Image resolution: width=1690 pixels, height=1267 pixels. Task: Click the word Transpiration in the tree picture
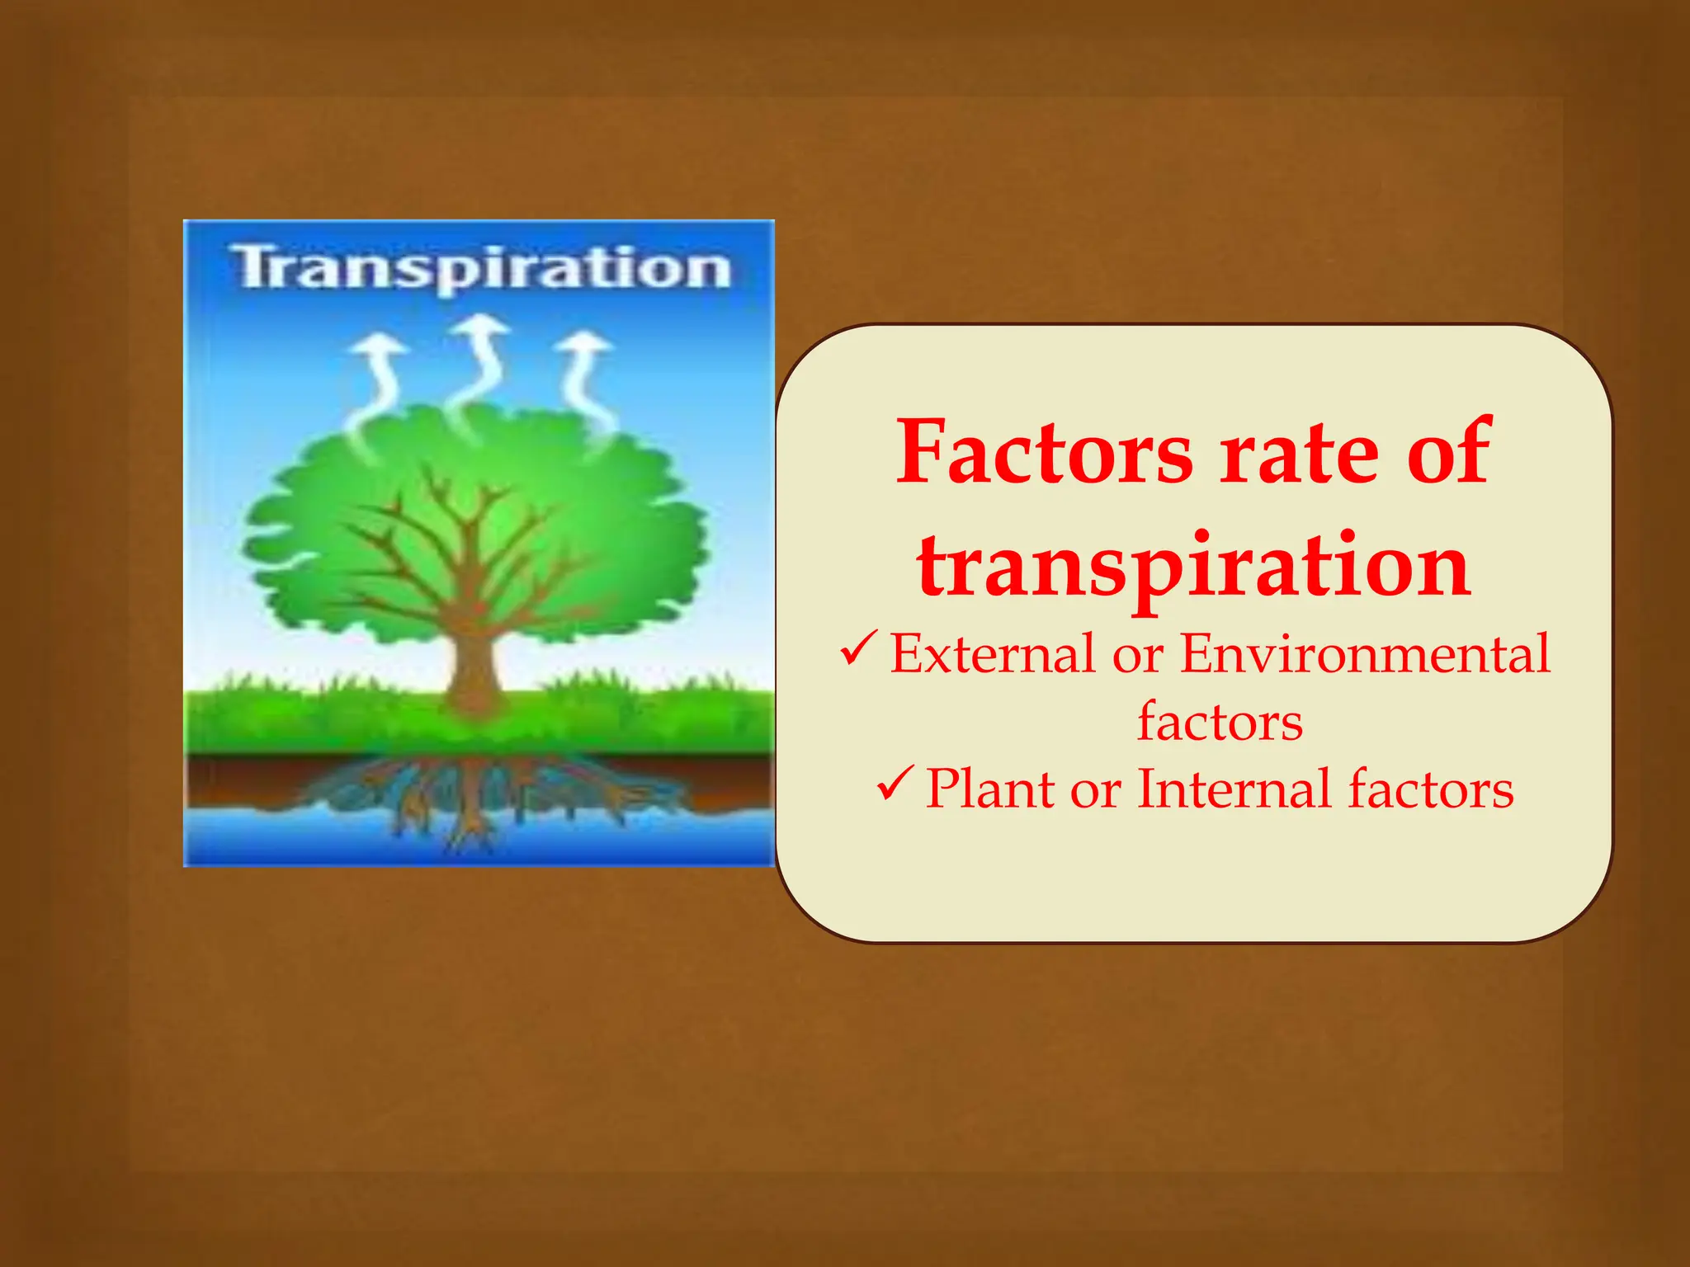pos(481,268)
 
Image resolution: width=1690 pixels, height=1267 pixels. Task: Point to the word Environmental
pos(1365,653)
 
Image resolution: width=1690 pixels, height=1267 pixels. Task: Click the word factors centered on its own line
pos(1220,722)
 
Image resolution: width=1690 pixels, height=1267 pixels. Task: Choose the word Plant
pos(990,789)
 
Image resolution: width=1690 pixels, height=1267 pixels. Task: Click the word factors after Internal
pos(1431,789)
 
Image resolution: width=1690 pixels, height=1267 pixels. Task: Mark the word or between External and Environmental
pos(1138,656)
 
